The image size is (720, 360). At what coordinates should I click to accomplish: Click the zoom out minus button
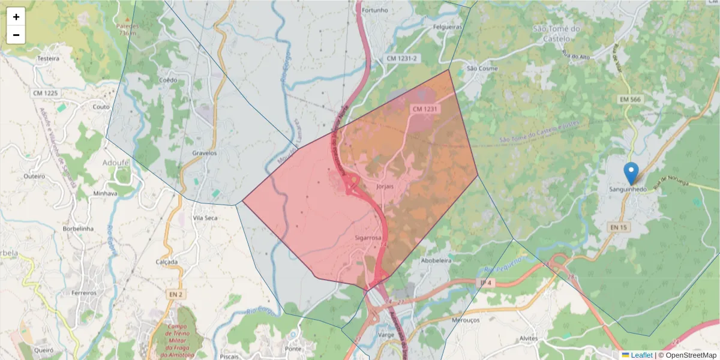click(x=16, y=35)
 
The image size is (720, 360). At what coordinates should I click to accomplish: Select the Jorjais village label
click(x=384, y=187)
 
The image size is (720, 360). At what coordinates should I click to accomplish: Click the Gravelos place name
click(x=204, y=153)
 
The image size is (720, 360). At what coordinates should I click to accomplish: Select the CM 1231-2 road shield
click(x=402, y=58)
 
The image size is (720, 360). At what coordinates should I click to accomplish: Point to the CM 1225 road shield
click(x=46, y=93)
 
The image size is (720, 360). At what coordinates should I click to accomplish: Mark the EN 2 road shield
click(x=175, y=294)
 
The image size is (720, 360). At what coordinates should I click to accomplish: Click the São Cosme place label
click(x=482, y=68)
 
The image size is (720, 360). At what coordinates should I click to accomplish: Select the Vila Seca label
click(x=205, y=218)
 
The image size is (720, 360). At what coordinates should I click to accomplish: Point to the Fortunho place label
click(x=376, y=10)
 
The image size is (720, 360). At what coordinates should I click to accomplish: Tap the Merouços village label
click(x=465, y=320)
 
